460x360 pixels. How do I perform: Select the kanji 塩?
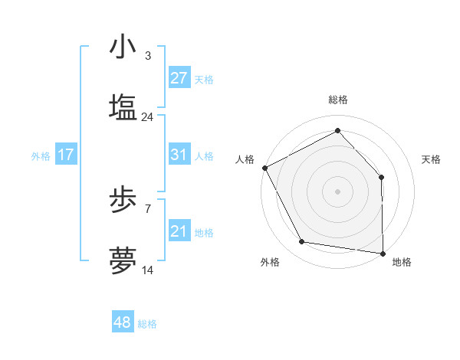123,108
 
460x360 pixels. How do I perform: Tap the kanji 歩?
123,200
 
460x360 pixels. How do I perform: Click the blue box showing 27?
179,78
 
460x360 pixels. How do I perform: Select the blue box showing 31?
179,155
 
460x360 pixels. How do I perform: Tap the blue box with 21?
179,231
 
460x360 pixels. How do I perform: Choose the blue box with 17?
66,155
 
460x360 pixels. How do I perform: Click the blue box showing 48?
123,322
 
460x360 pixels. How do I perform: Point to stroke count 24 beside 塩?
147,117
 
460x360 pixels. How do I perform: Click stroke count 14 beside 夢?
147,270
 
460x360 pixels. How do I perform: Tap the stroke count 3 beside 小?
147,55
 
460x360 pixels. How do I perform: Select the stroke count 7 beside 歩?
147,208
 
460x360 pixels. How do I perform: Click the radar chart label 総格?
338,100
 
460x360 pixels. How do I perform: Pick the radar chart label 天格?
431,159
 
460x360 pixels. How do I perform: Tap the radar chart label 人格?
245,159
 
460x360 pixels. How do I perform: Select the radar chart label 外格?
270,262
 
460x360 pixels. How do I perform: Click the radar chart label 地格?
402,262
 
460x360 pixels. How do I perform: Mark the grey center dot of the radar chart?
338,191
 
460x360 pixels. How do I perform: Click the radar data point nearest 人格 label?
264,167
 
